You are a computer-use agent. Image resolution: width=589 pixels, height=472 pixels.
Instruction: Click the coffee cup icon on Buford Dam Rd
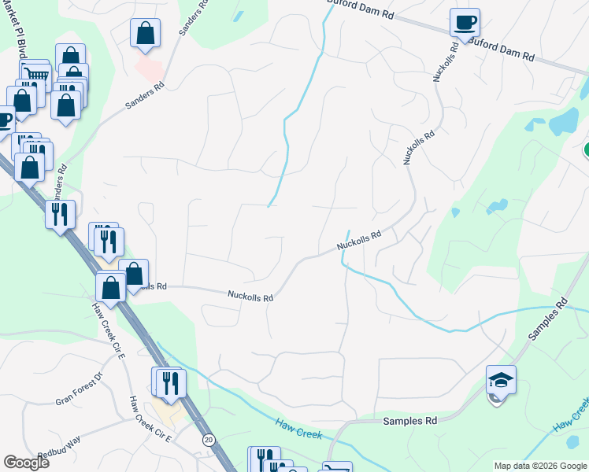coord(465,22)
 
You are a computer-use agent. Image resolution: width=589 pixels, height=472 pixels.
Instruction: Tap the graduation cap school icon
coord(501,381)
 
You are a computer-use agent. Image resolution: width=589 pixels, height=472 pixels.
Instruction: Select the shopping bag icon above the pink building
coord(145,34)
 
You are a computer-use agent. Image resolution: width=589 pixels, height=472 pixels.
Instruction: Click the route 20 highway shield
coord(208,439)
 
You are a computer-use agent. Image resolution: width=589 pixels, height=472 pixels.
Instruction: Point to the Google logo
coord(26,463)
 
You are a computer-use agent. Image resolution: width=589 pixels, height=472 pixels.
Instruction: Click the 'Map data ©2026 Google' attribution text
coord(539,466)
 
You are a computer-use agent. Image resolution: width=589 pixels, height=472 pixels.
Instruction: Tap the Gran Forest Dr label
coord(80,389)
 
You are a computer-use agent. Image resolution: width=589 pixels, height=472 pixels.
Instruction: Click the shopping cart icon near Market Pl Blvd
coord(34,76)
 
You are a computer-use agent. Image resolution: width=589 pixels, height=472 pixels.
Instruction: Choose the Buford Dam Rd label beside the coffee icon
coord(501,49)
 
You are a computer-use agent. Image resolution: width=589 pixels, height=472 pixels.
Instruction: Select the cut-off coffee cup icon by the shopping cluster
coord(5,120)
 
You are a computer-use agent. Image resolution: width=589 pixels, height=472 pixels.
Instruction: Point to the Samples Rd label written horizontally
coord(409,422)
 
